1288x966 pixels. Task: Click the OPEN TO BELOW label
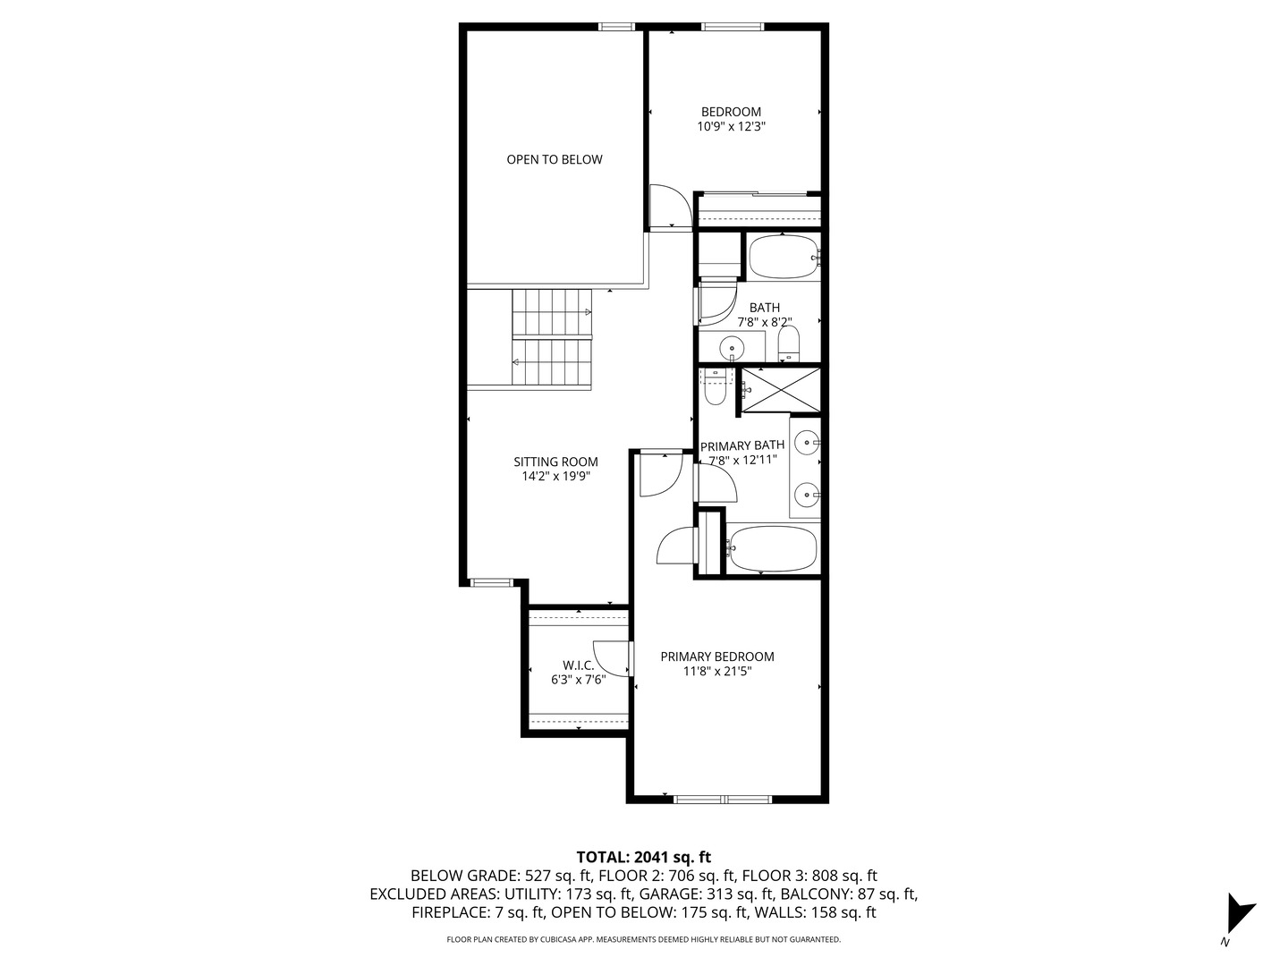[x=555, y=159]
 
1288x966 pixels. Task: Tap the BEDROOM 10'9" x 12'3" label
[x=731, y=119]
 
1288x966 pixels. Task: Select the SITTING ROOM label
[x=555, y=469]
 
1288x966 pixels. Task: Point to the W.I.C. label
[x=578, y=672]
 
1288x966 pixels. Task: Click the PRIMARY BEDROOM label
[x=716, y=663]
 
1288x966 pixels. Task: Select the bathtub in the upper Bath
[x=783, y=257]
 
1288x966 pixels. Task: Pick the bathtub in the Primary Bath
[x=771, y=548]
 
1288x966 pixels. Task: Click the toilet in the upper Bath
[x=788, y=343]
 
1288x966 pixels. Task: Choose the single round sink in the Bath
[x=733, y=346]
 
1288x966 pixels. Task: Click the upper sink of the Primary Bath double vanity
[x=808, y=442]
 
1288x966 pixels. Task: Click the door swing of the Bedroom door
[x=668, y=208]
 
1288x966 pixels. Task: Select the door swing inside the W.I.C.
[x=612, y=659]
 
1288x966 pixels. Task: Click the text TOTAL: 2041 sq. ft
[x=643, y=857]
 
